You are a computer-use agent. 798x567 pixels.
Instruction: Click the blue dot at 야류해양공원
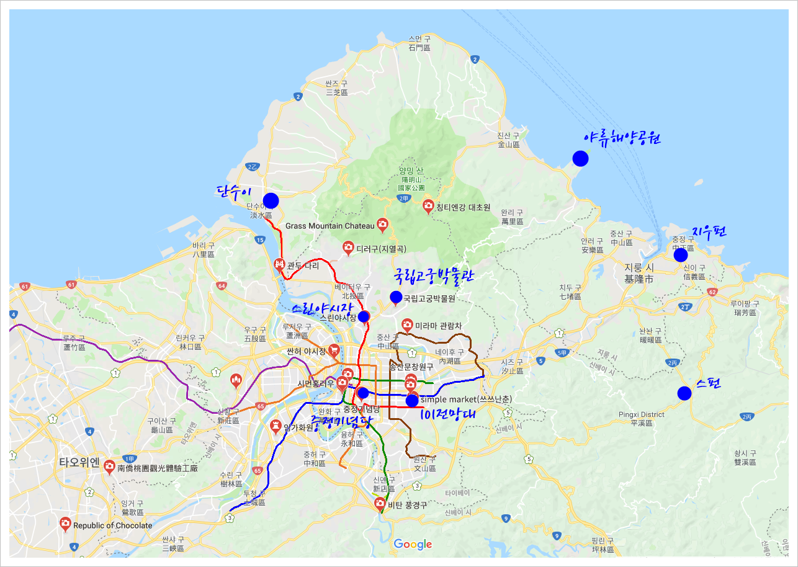click(580, 158)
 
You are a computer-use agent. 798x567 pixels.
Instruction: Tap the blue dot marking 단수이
click(271, 200)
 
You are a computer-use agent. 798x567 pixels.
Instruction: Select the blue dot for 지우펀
click(681, 255)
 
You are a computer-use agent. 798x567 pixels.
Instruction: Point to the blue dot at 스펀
click(684, 393)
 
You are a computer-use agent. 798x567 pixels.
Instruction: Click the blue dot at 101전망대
click(412, 401)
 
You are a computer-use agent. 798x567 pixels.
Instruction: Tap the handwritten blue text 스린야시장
click(322, 307)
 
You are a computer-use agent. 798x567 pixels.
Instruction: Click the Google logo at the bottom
click(413, 545)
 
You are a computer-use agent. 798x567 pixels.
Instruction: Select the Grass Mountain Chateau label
click(330, 226)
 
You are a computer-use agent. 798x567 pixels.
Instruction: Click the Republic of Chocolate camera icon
click(65, 524)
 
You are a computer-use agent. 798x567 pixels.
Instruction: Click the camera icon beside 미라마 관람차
click(407, 324)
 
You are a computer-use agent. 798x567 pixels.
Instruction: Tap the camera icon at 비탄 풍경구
click(380, 504)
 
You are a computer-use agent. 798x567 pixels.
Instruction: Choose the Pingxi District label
click(641, 414)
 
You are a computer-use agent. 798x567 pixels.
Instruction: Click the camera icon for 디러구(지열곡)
click(348, 248)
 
